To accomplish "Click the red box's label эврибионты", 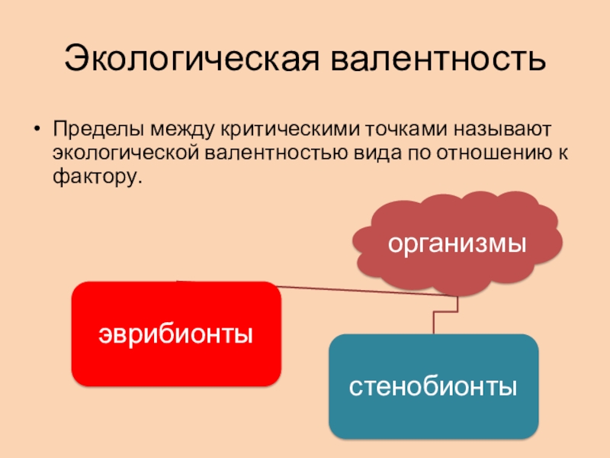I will (x=175, y=334).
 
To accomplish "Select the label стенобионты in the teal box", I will (x=433, y=385).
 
